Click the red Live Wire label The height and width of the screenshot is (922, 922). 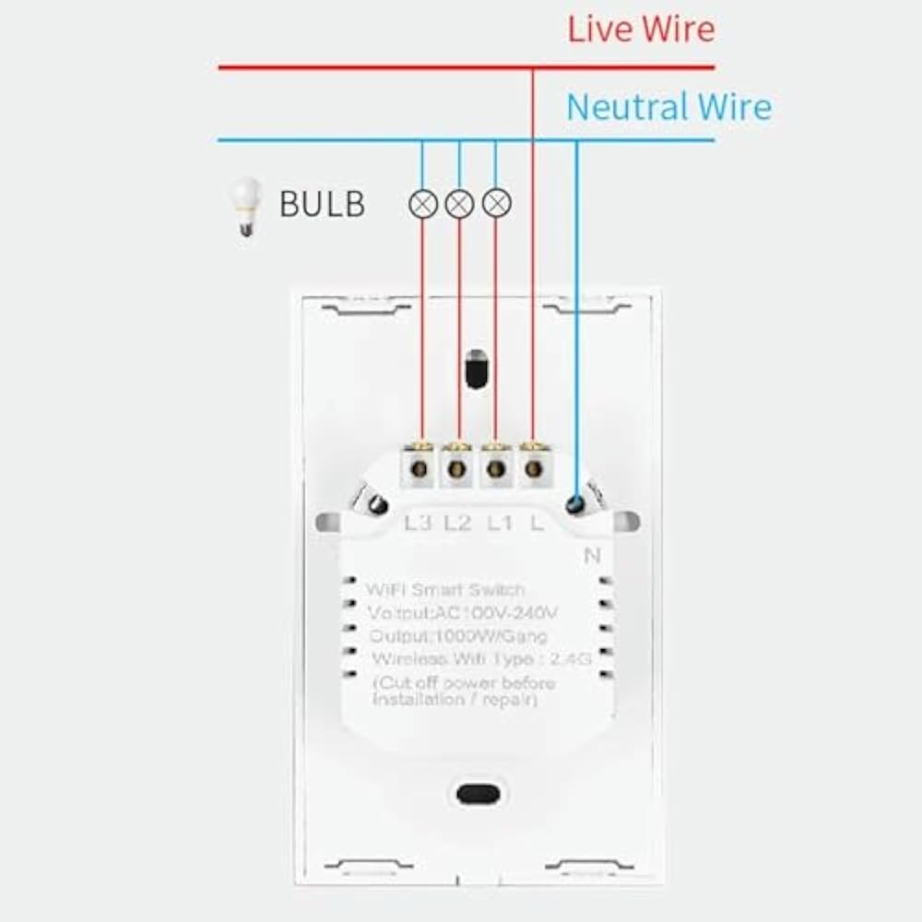[x=641, y=30]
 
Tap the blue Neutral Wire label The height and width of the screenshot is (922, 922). [x=668, y=107]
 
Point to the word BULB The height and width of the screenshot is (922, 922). [x=322, y=204]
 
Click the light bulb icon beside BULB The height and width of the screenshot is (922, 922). [x=244, y=206]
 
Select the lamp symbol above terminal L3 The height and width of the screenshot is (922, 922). [x=422, y=204]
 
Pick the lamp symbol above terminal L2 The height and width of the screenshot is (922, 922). [x=459, y=204]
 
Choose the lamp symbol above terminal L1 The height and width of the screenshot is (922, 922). [x=496, y=204]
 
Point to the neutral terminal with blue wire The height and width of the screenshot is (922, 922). [x=576, y=503]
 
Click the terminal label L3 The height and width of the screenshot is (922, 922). [x=418, y=524]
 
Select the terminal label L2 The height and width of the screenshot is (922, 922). [x=457, y=524]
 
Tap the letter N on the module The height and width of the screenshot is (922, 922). [x=592, y=555]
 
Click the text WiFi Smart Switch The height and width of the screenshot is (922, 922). [x=445, y=589]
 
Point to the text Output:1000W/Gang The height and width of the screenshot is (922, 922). [x=458, y=636]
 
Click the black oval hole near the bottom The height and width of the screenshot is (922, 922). [x=478, y=792]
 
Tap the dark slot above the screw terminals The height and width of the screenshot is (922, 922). [x=477, y=369]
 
